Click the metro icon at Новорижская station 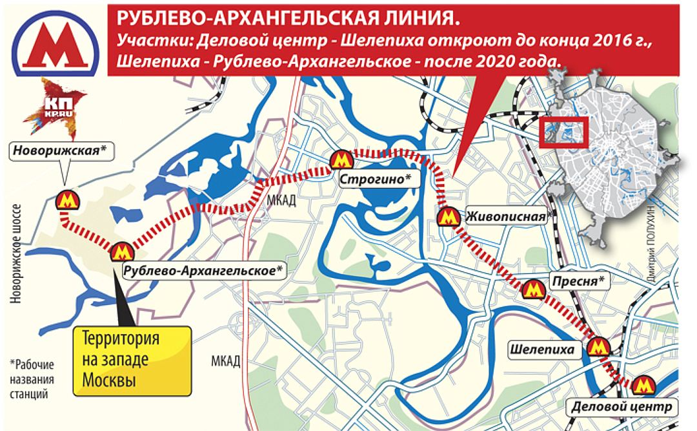pyautogui.click(x=66, y=200)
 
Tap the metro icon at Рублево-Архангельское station pyautogui.click(x=121, y=251)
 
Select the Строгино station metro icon pyautogui.click(x=340, y=160)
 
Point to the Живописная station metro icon pyautogui.click(x=446, y=217)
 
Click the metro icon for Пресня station pyautogui.click(x=532, y=289)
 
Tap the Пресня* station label pyautogui.click(x=578, y=280)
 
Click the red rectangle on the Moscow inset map pyautogui.click(x=562, y=131)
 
